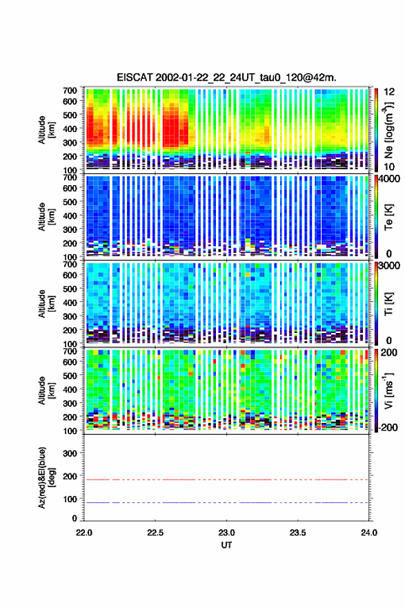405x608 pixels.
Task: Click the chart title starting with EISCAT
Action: (226, 77)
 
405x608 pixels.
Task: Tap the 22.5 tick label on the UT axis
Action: (155, 533)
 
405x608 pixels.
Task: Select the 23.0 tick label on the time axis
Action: (226, 533)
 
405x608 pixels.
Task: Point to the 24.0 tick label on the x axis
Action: (368, 533)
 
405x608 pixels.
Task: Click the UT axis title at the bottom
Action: (226, 545)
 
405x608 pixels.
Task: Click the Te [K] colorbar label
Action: (388, 217)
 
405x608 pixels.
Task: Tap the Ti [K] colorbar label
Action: (388, 303)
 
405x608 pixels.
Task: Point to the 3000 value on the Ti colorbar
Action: (389, 265)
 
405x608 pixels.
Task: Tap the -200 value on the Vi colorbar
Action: (386, 427)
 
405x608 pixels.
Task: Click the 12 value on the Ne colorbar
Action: (389, 92)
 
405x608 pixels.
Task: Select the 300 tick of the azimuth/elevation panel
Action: (70, 453)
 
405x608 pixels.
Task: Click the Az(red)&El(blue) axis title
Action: (46, 477)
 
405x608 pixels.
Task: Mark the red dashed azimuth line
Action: (226, 479)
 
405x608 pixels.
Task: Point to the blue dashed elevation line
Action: (226, 502)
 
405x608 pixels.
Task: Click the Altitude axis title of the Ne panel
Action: (46, 130)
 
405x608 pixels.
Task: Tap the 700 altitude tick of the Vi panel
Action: (70, 351)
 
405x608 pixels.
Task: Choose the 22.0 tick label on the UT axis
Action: (84, 533)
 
